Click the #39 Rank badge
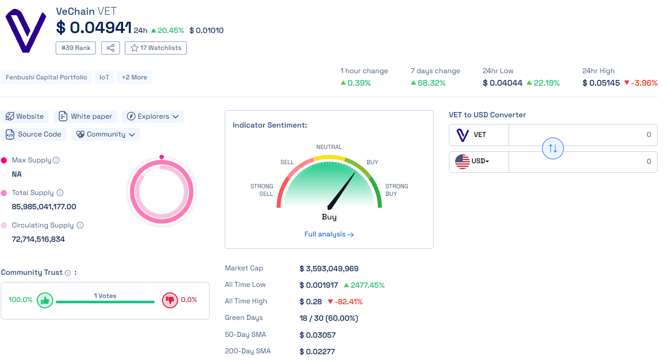tap(76, 48)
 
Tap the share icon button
tap(111, 48)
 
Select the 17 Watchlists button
tap(156, 48)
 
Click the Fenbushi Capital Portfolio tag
tap(46, 78)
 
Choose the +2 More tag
tap(134, 78)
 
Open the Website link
tap(25, 116)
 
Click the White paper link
tap(85, 116)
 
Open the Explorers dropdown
tap(153, 116)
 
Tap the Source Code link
tap(33, 134)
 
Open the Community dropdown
tap(106, 134)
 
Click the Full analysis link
tap(329, 234)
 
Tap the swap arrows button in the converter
tap(553, 149)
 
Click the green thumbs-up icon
tap(45, 300)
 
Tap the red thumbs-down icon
tap(170, 300)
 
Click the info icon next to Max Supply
tap(56, 161)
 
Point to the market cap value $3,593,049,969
tap(329, 269)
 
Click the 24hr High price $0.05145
tap(601, 83)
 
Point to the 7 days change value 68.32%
tap(428, 83)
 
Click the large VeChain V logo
tap(26, 30)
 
